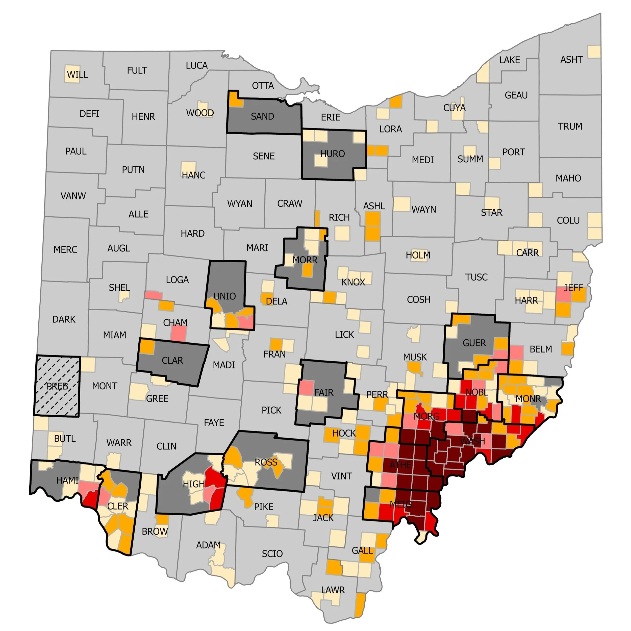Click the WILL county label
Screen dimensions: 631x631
tap(78, 74)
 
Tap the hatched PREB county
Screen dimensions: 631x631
tap(57, 386)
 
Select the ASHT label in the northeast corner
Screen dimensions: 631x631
tap(571, 59)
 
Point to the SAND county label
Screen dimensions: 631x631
tap(262, 116)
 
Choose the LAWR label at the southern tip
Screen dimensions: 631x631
tap(333, 590)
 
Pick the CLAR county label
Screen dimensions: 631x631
tap(172, 360)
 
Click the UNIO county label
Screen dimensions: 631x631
tap(224, 296)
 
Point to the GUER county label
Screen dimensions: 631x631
tap(474, 343)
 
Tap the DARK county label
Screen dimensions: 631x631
tap(64, 319)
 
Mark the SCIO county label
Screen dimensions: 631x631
tap(272, 553)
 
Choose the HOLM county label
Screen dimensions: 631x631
tap(418, 255)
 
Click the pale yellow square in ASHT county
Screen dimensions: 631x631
tap(594, 52)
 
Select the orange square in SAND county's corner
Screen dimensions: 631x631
tap(235, 99)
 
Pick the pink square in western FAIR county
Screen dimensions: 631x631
tap(306, 388)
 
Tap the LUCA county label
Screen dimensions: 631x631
tap(197, 65)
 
